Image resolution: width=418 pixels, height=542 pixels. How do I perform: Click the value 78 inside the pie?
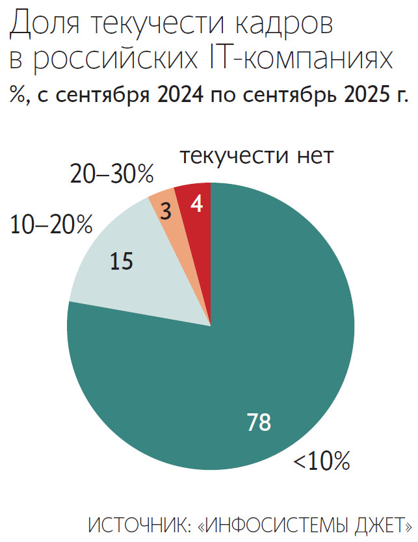pos(259,422)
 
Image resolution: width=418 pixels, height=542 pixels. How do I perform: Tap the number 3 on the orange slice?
pos(165,212)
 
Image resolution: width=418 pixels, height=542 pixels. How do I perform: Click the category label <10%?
pos(322,461)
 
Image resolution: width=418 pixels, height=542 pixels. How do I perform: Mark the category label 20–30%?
pos(111,174)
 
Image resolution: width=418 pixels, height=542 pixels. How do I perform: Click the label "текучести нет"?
pos(256,157)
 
